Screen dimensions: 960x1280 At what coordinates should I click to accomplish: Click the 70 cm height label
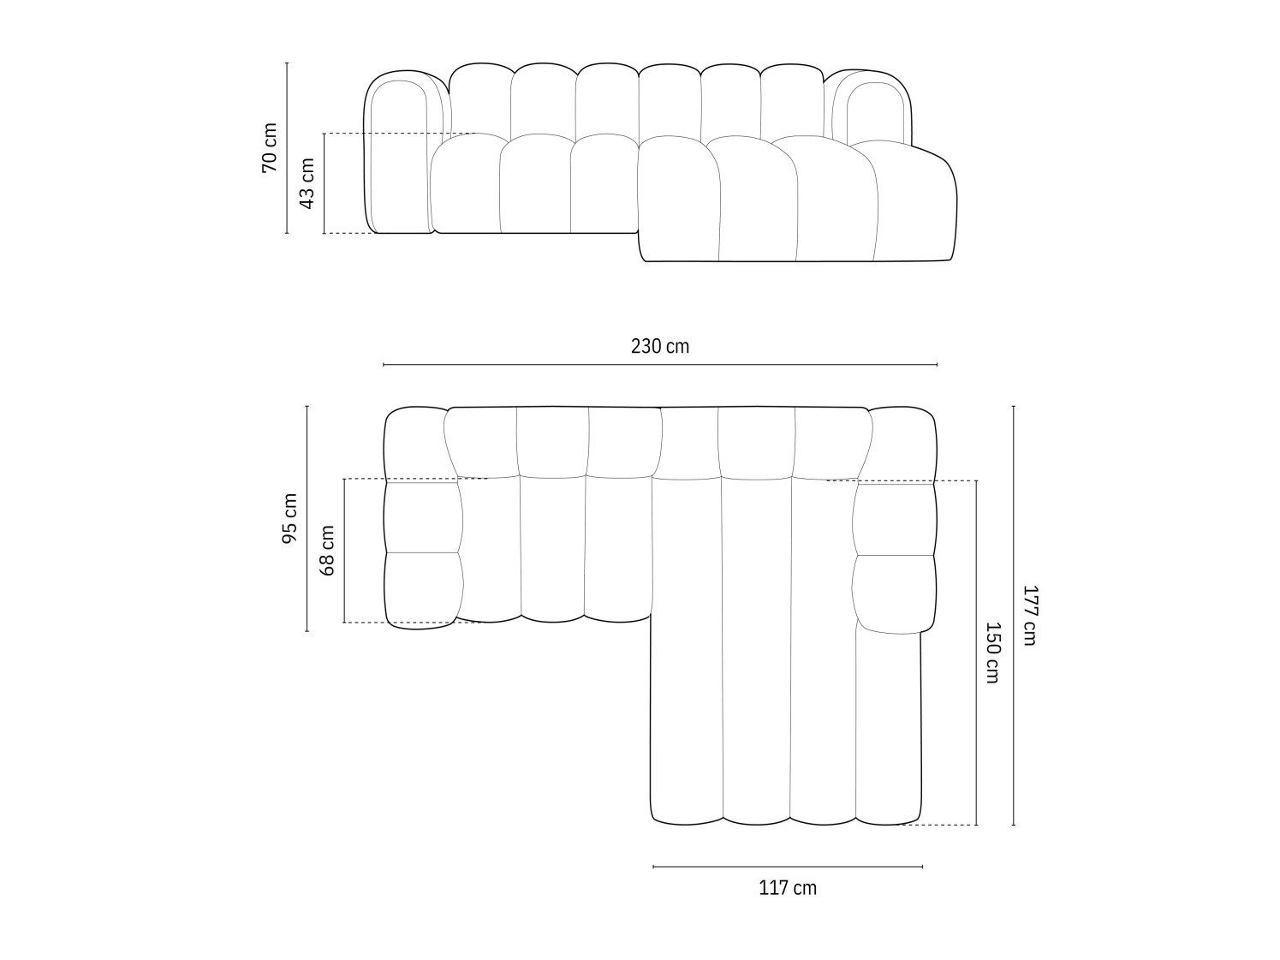tap(269, 147)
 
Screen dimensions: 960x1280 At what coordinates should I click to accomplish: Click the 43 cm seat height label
tap(307, 183)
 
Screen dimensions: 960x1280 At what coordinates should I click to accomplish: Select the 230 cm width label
tap(659, 346)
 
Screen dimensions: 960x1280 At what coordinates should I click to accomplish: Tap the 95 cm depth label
tap(289, 518)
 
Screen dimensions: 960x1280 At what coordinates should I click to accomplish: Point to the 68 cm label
tap(326, 550)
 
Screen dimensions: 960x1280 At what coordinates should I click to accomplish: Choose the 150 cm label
tap(991, 653)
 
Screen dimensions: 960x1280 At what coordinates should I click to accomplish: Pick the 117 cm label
tap(788, 888)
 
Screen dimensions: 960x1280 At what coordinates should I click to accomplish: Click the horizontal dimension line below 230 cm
tap(659, 365)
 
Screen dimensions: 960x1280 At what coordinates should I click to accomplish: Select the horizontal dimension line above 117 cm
tap(788, 867)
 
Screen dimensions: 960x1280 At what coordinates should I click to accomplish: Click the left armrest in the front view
tap(398, 154)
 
